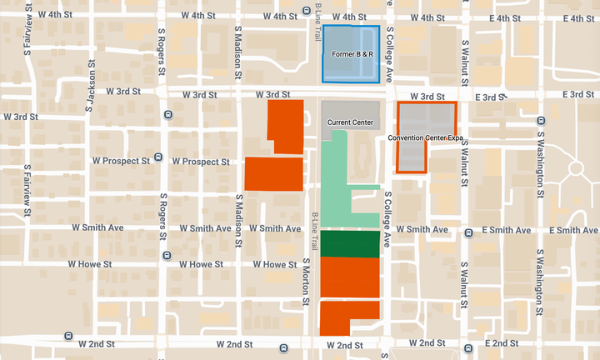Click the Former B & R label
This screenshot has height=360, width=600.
coord(351,54)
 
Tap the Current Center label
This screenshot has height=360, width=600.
coord(350,122)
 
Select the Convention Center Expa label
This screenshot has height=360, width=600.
coord(424,137)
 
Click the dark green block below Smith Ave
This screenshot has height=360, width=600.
coord(351,243)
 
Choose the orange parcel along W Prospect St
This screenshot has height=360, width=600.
coord(273,173)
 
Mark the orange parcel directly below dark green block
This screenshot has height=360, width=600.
coord(351,277)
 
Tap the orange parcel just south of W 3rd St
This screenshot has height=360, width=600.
coord(286,127)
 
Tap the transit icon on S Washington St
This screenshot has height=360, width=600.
coord(540,120)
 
